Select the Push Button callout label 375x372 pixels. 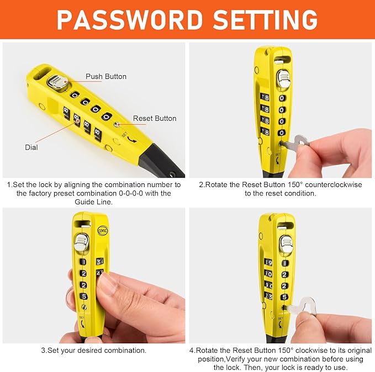(x=106, y=76)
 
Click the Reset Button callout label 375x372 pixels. (x=155, y=118)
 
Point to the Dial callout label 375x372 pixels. (x=32, y=147)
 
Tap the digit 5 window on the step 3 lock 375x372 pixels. (x=83, y=296)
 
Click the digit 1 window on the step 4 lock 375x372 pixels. (x=284, y=263)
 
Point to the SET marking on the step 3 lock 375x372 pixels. (x=82, y=317)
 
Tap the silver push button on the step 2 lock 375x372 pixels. (x=283, y=79)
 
